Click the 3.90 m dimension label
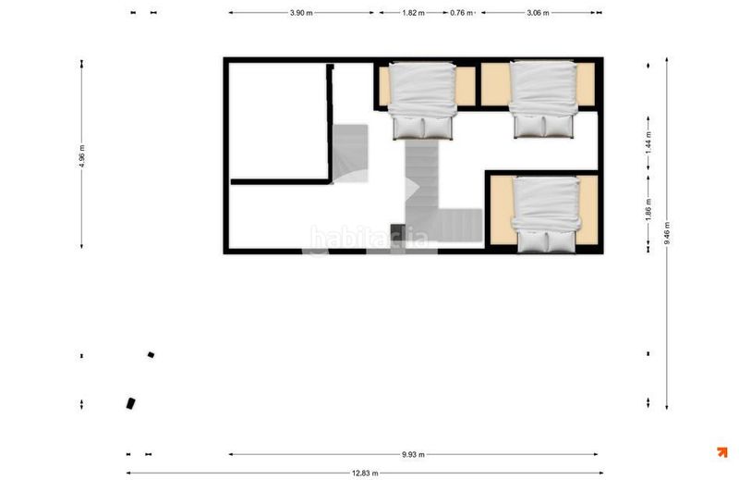[x=301, y=13]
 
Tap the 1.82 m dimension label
[x=413, y=13]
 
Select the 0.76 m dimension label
[x=461, y=13]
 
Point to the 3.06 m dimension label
[x=538, y=13]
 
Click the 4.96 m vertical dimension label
[x=82, y=156]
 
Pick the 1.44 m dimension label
[x=648, y=143]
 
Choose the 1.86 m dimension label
[x=648, y=209]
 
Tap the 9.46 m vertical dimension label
[x=667, y=233]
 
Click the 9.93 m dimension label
[x=413, y=454]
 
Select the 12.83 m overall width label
[x=365, y=473]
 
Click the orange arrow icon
[x=722, y=452]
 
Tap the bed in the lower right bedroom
[x=546, y=215]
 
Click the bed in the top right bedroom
[x=544, y=99]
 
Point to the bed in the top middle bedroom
[x=423, y=101]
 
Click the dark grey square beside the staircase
[x=398, y=232]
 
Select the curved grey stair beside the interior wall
[x=350, y=154]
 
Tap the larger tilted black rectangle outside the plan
[x=131, y=403]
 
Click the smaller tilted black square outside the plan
[x=151, y=354]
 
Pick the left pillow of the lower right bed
[x=533, y=241]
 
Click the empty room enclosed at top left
[x=278, y=120]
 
